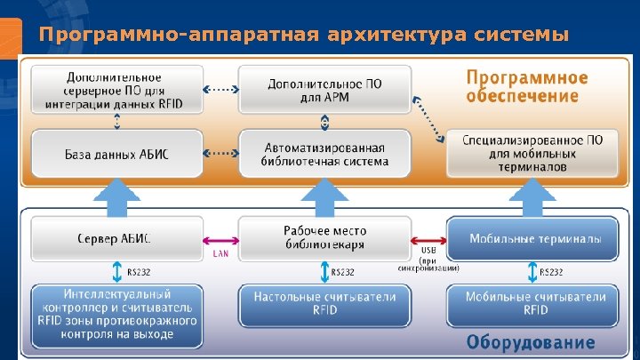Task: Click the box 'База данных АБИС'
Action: [116, 155]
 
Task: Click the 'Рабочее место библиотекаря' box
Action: [325, 238]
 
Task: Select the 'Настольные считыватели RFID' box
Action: [325, 304]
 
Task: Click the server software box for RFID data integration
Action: [116, 91]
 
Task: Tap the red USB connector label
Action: [428, 250]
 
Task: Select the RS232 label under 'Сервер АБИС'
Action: [139, 272]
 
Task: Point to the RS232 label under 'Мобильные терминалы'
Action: [551, 272]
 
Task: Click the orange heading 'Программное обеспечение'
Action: [522, 86]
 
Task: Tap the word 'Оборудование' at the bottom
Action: [531, 342]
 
